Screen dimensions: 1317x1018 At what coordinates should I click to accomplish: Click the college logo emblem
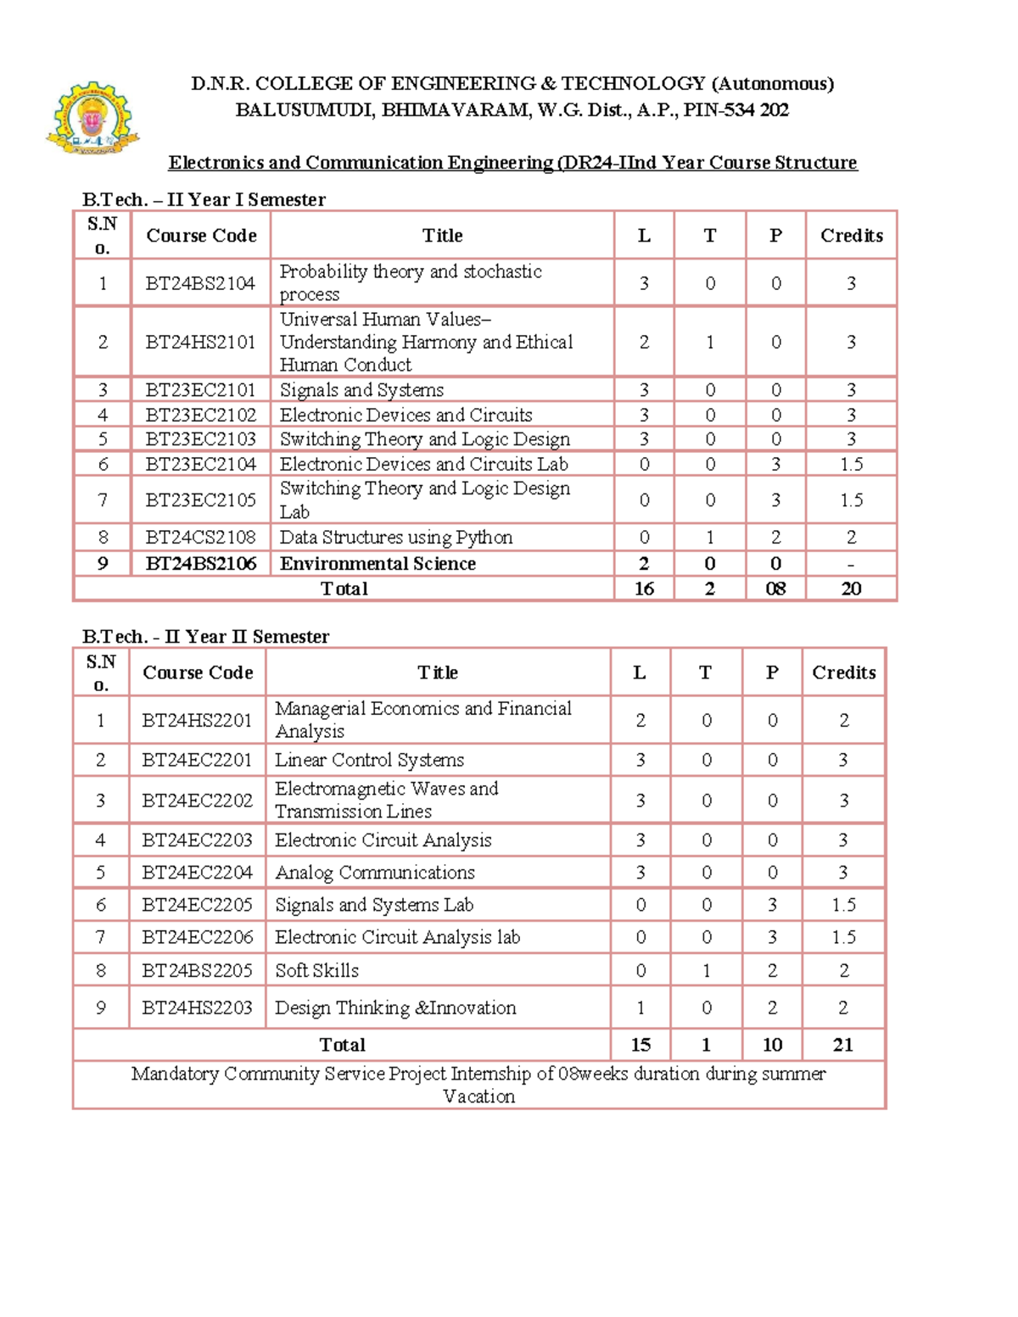point(92,118)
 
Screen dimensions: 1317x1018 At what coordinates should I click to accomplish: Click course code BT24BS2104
point(200,283)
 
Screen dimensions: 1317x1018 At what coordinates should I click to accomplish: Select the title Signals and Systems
point(361,390)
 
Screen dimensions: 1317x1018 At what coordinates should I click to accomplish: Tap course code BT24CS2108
point(200,538)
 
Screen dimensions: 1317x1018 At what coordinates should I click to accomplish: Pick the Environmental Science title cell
point(378,564)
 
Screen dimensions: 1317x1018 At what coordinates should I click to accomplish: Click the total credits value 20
point(851,589)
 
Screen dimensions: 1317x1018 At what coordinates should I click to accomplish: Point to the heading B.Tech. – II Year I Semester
point(204,200)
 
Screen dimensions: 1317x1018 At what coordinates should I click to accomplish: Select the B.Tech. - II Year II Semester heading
point(205,637)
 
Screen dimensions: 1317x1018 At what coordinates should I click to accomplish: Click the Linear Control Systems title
point(369,760)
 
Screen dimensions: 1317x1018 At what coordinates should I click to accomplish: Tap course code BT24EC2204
point(197,873)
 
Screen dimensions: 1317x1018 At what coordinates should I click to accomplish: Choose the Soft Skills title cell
point(316,971)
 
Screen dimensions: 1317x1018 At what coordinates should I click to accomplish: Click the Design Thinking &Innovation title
point(395,1008)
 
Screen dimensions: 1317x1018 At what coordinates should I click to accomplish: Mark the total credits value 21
point(842,1045)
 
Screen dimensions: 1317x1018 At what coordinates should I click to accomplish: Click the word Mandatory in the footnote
point(175,1074)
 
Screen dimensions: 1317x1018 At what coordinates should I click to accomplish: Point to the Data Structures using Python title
point(396,538)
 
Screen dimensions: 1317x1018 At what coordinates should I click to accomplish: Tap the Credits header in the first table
point(851,236)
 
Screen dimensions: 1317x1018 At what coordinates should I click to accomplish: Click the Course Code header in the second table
point(198,672)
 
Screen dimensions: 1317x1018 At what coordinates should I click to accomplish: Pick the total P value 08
point(775,589)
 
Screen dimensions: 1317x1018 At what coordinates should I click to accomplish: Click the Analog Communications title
point(374,873)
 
